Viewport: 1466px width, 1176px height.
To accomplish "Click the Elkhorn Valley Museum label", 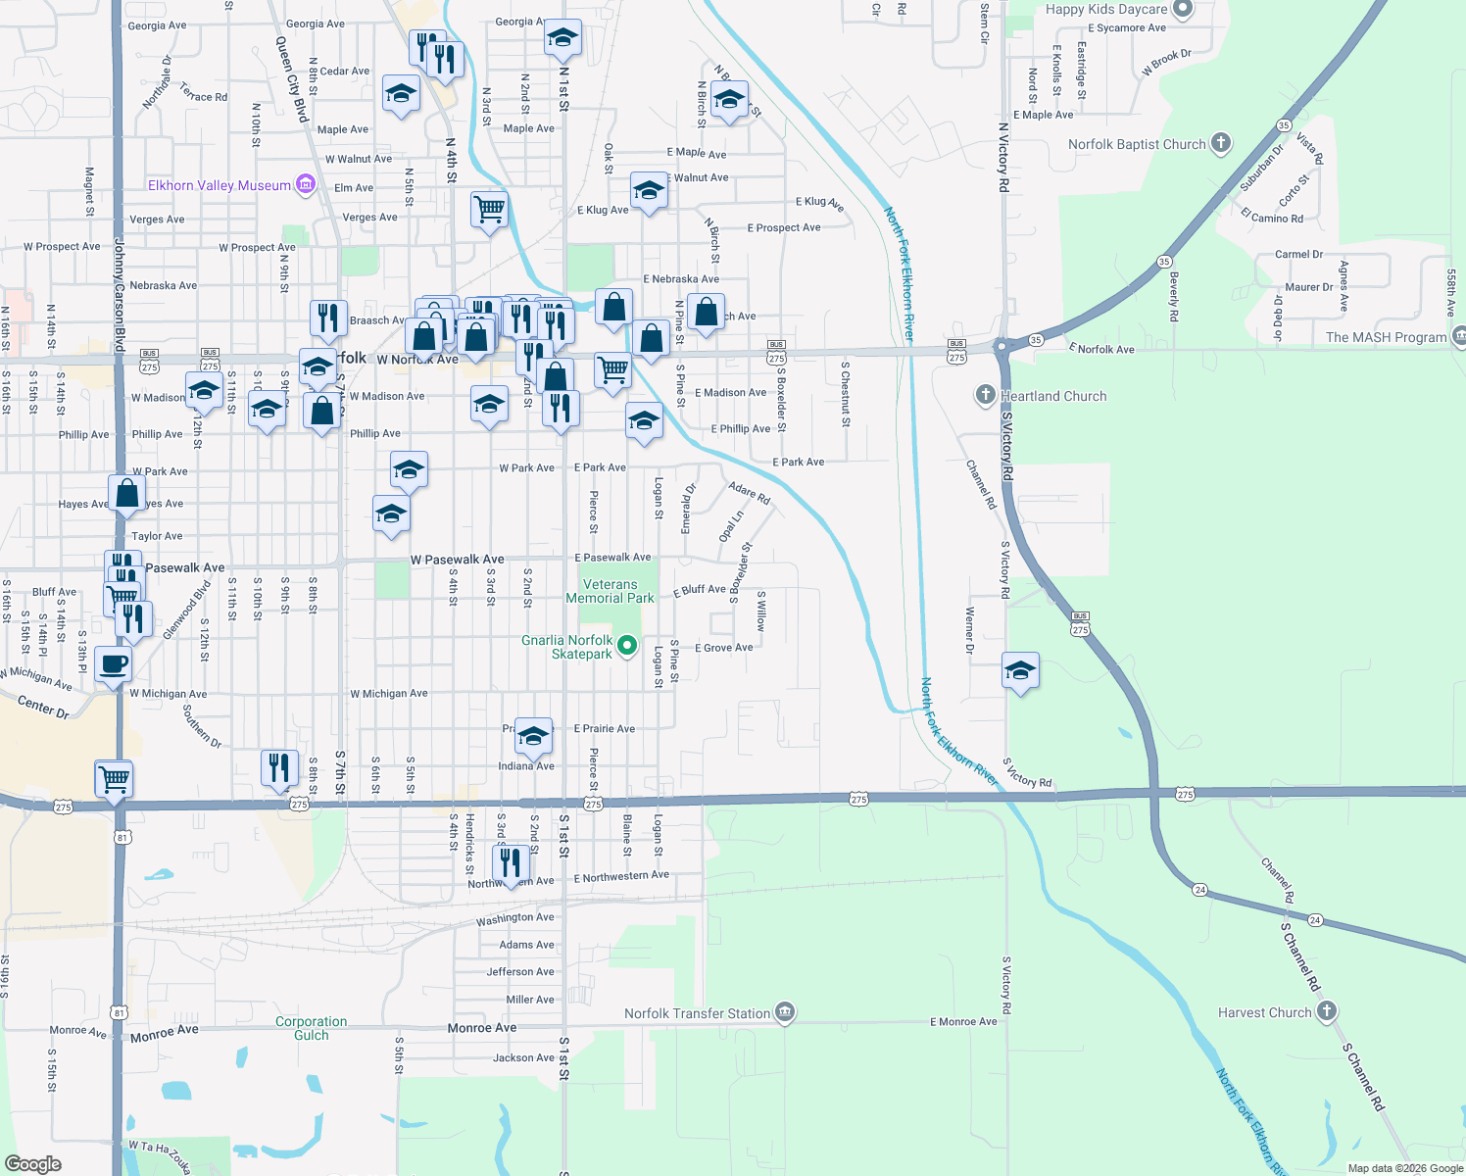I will (x=220, y=185).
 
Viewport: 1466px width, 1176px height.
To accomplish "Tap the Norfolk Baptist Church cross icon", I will (x=1220, y=143).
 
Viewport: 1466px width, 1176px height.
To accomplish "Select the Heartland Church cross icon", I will (x=985, y=395).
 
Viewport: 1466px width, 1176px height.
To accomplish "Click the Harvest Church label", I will (x=1264, y=1012).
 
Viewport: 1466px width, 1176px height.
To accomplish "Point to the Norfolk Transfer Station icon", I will (x=785, y=1012).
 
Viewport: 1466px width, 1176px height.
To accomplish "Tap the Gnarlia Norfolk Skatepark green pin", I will (x=628, y=646).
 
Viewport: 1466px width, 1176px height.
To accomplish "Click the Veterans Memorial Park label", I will (x=610, y=591).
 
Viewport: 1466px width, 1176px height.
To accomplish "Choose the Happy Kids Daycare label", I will (x=1106, y=9).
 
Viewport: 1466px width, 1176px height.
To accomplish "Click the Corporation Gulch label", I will (x=311, y=1028).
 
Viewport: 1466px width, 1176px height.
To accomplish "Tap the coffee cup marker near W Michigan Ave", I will (x=114, y=663).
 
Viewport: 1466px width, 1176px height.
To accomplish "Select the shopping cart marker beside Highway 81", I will (x=115, y=779).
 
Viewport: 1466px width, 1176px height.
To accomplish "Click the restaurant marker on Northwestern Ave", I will (x=511, y=862).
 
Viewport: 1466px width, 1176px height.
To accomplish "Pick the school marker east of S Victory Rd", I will (x=1020, y=671).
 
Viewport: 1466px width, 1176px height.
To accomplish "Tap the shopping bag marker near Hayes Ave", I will (x=127, y=493).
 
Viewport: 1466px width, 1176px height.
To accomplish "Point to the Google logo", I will (x=33, y=1164).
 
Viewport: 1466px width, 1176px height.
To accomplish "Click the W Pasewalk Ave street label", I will (x=457, y=560).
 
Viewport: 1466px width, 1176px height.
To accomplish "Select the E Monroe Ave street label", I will (x=963, y=1022).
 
